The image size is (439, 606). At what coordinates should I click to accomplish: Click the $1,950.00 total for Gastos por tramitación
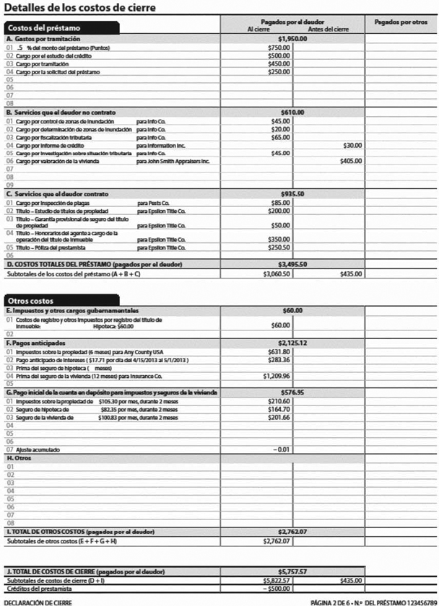(x=292, y=38)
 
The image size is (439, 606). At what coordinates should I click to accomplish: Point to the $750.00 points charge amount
(x=279, y=47)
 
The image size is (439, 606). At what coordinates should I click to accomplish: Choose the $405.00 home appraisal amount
(x=350, y=161)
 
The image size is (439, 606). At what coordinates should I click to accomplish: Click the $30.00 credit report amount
(x=352, y=145)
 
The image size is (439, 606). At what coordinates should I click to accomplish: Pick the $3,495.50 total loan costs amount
(x=292, y=264)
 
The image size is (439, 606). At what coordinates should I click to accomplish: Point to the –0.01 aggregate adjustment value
(x=279, y=449)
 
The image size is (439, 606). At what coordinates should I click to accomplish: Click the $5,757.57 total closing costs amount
(x=292, y=571)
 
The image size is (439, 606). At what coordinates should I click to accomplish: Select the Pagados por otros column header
(x=400, y=23)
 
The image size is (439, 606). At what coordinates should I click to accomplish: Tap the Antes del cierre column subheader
(x=327, y=30)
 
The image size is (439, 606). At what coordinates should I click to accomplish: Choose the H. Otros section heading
(x=20, y=458)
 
